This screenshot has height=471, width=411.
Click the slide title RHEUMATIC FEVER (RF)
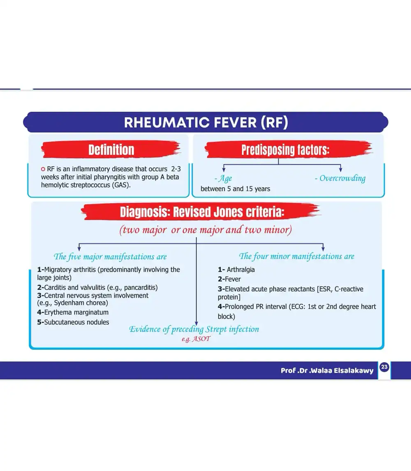pyautogui.click(x=206, y=123)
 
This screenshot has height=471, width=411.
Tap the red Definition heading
pyautogui.click(x=111, y=149)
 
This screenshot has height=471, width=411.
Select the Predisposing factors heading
pyautogui.click(x=285, y=149)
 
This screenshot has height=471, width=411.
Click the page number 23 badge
pyautogui.click(x=384, y=367)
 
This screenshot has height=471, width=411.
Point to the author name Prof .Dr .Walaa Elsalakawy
pyautogui.click(x=327, y=371)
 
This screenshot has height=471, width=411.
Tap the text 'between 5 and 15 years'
pyautogui.click(x=236, y=189)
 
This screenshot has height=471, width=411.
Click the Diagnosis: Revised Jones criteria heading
pyautogui.click(x=202, y=212)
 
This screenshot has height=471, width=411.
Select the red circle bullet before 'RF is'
pyautogui.click(x=43, y=169)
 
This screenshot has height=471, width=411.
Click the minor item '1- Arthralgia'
pyautogui.click(x=236, y=269)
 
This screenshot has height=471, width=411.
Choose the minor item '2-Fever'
pyautogui.click(x=229, y=279)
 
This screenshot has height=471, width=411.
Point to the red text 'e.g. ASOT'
pyautogui.click(x=196, y=339)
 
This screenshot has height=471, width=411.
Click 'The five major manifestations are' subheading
pyautogui.click(x=110, y=257)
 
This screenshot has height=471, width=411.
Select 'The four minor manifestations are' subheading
pyautogui.click(x=296, y=256)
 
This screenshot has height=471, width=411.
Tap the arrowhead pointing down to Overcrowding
pyautogui.click(x=341, y=169)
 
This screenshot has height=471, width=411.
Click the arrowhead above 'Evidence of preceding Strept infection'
pyautogui.click(x=196, y=323)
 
